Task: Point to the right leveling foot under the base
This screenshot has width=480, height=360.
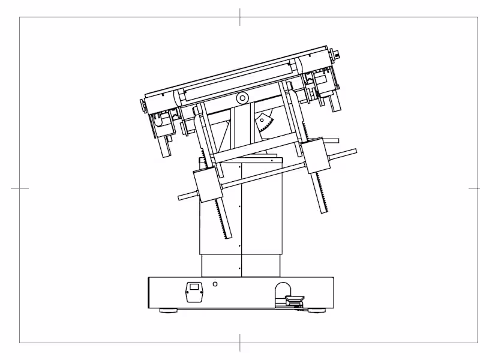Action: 316,310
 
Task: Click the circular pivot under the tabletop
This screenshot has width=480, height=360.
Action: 242,98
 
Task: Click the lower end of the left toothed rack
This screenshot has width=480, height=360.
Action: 225,235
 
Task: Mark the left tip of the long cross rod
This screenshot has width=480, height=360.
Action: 179,197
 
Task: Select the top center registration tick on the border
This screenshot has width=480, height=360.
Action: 240,17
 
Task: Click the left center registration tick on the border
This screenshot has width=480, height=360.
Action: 20,188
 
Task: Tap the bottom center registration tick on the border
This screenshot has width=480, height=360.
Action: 240,343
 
